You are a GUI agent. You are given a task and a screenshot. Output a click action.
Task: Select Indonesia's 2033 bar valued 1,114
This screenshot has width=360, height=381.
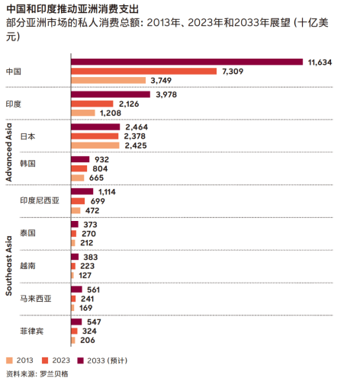(82, 192)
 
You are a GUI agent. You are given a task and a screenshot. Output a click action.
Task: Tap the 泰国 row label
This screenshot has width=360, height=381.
(28, 232)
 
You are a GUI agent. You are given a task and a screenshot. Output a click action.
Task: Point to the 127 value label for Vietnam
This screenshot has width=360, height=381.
(87, 275)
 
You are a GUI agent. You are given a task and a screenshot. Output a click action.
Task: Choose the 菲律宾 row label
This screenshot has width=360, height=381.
(31, 331)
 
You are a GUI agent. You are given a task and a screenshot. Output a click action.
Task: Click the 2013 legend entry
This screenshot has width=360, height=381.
(23, 359)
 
